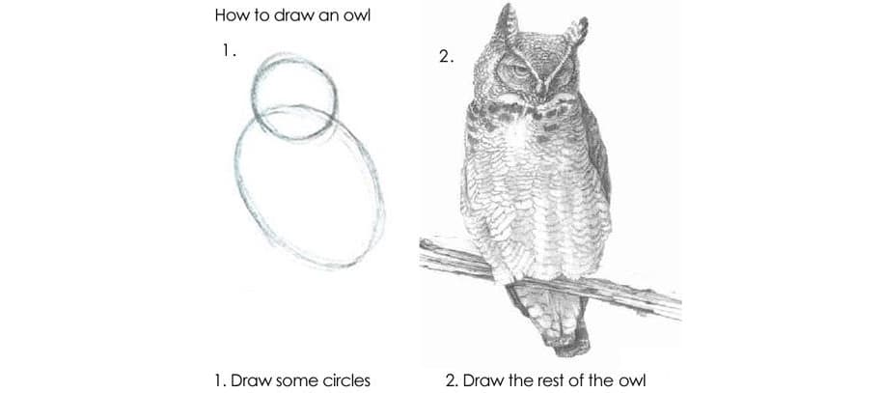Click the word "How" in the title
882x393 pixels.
227,15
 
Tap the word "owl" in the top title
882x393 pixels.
358,15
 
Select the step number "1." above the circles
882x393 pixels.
227,50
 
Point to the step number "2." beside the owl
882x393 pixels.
446,57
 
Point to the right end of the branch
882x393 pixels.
679,307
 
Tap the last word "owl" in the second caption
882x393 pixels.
634,380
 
